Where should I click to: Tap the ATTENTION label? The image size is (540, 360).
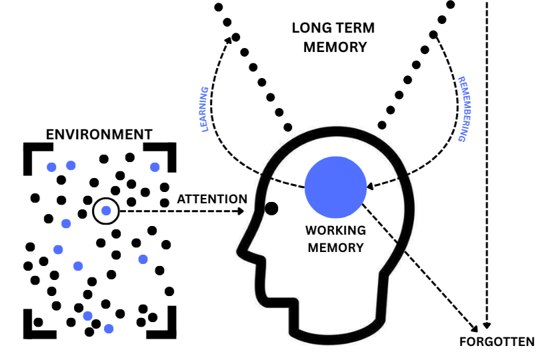tap(212, 199)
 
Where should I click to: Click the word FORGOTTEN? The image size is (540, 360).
tap(497, 343)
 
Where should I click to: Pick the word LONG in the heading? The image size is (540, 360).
tap(310, 29)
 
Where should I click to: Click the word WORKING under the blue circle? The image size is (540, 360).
tap(335, 231)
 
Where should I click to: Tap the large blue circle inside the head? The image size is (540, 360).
tap(335, 187)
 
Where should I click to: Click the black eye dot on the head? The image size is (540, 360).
tap(271, 208)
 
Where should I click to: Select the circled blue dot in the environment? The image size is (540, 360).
tap(106, 211)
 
